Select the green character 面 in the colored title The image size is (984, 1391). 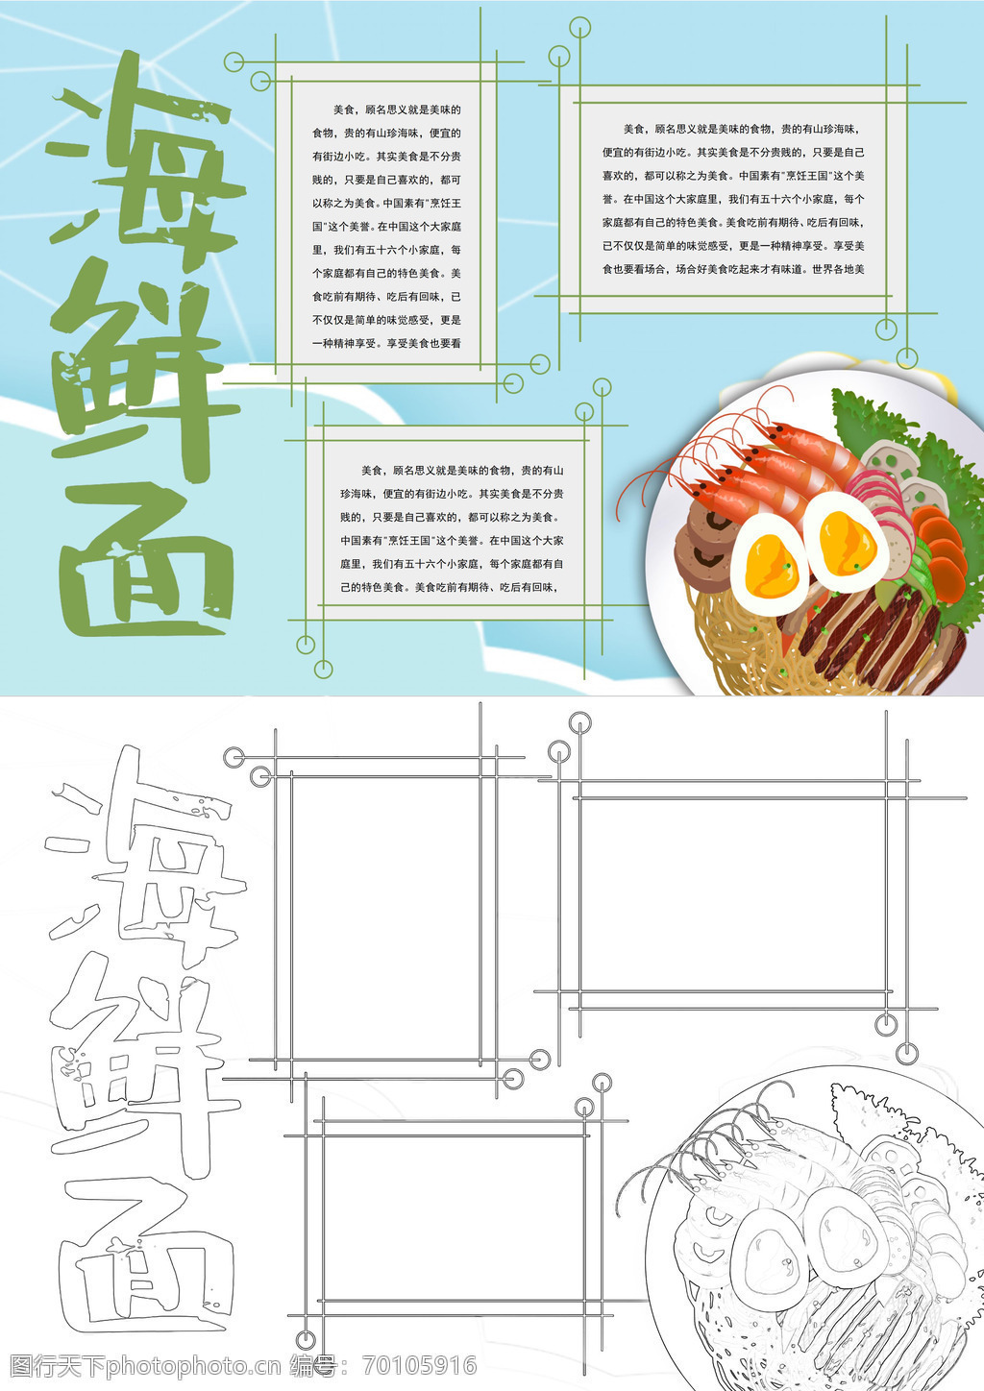coord(146,562)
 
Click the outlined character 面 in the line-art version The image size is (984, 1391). coord(146,1257)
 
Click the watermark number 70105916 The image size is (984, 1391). coord(420,1365)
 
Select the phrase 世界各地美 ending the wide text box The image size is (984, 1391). coord(838,270)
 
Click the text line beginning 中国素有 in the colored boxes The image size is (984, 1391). coord(452,540)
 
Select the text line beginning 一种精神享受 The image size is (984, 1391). coord(386,343)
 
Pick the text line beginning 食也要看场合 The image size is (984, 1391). coord(733,270)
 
